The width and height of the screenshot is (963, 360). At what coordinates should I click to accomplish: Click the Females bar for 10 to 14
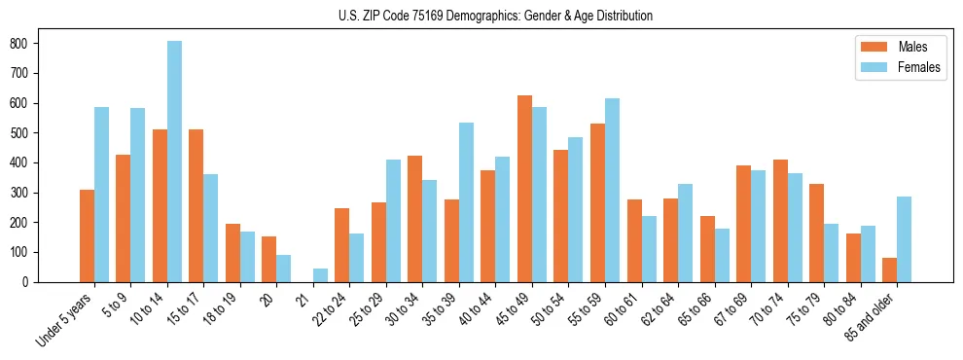[x=174, y=162]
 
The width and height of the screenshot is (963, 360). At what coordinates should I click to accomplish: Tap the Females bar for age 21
[x=320, y=275]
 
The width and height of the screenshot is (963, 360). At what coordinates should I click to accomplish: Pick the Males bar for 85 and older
[x=889, y=270]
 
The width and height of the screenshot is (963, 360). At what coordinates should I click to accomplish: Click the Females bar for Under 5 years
[x=101, y=195]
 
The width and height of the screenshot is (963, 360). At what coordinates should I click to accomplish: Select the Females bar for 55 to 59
[x=612, y=190]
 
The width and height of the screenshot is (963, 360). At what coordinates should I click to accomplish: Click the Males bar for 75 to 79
[x=816, y=233]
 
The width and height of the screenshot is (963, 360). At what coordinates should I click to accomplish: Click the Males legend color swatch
[x=871, y=47]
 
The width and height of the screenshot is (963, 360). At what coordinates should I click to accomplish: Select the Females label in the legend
[x=920, y=68]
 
